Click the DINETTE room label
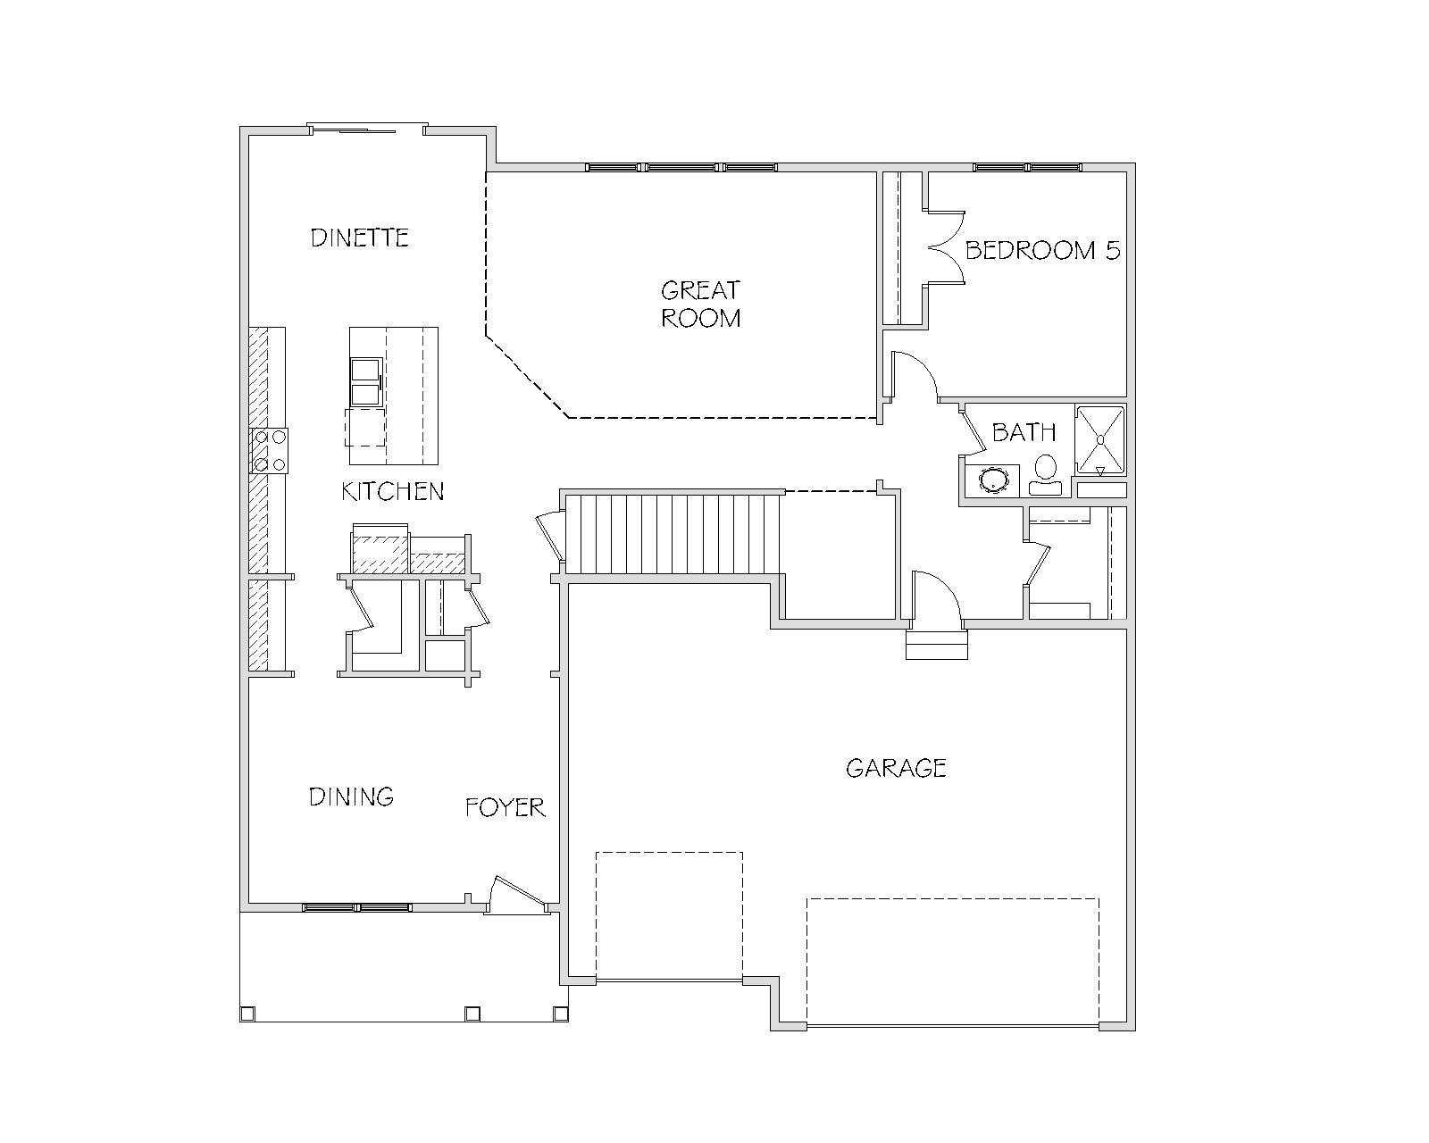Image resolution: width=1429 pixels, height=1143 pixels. coord(359,238)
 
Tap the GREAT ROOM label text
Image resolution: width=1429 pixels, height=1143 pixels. coord(700,305)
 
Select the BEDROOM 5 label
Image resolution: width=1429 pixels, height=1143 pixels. coord(1042,250)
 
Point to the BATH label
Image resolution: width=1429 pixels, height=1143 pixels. coord(1024,432)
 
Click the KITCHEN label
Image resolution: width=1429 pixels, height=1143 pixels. coord(392,491)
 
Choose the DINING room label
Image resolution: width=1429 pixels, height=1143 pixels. coord(351,797)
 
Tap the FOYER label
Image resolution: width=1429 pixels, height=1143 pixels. coord(505,807)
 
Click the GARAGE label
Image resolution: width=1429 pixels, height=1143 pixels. coord(896,768)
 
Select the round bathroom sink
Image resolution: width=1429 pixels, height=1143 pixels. coord(992,479)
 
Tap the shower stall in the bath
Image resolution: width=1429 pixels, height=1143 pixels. coord(1100,440)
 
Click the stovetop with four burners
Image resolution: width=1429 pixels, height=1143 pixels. coord(270,450)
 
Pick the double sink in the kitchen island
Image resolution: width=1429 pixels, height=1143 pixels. coord(366,382)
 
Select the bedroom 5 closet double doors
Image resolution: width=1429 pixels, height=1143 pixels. coord(945,247)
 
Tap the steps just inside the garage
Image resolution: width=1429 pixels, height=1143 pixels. coord(936,644)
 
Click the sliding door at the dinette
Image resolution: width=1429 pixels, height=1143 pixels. coord(367,129)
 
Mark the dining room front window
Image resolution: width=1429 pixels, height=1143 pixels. coord(357,907)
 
